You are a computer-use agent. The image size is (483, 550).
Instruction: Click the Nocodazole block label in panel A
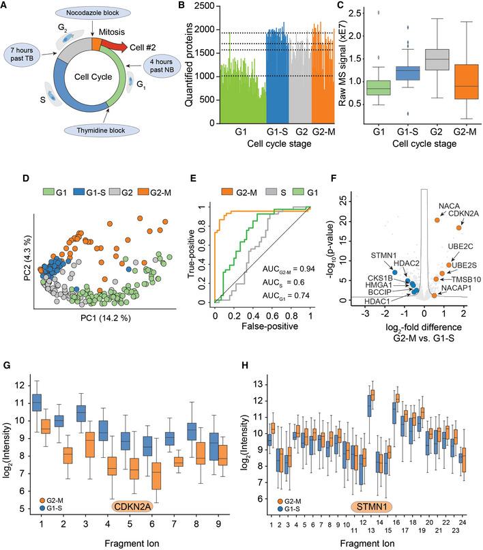(89, 14)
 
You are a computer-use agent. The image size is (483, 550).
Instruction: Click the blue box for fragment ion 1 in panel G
(37, 403)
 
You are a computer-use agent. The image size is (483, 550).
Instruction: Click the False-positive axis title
(262, 314)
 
